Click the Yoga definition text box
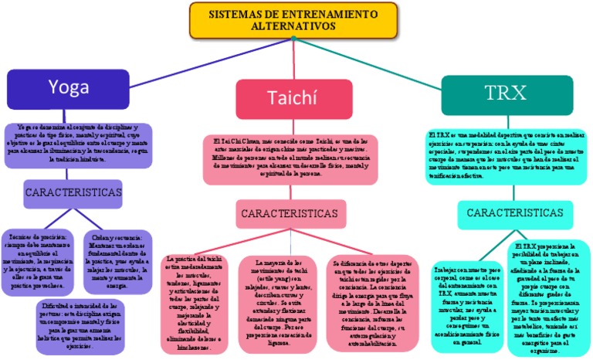75,142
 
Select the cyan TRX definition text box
510,157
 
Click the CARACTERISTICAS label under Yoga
73,191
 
